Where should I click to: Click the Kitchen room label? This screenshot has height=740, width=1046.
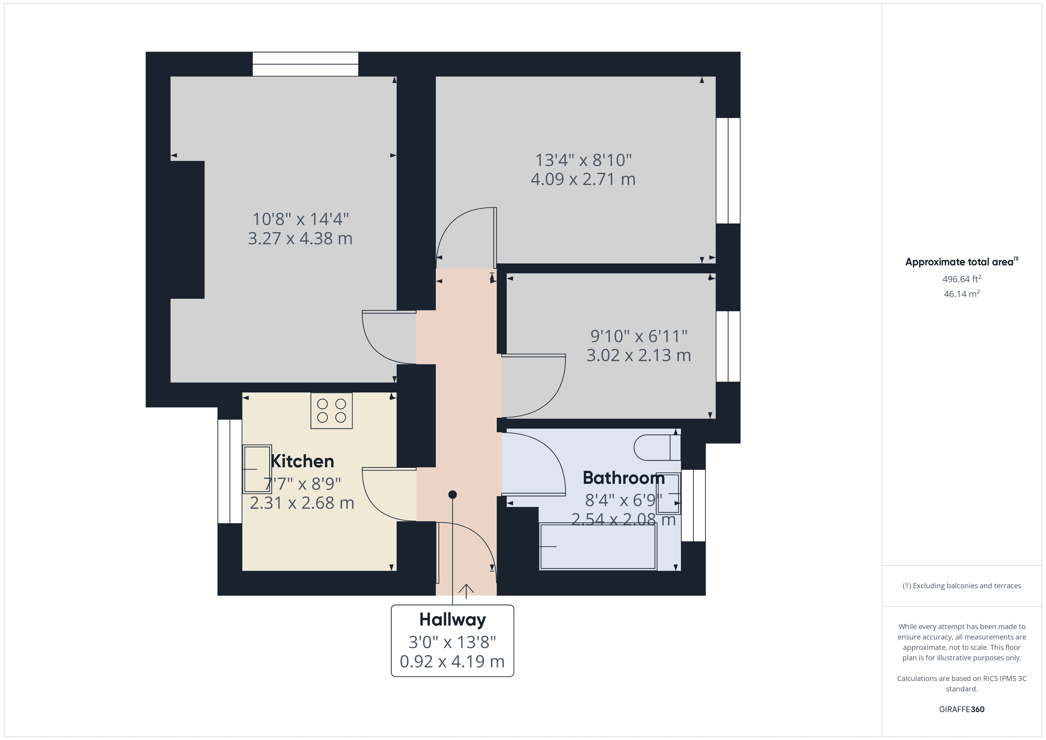(302, 462)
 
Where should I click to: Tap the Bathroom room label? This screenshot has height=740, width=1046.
(623, 478)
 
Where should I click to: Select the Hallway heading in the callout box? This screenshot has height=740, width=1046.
(452, 620)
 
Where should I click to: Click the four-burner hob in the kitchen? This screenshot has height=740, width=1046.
(331, 411)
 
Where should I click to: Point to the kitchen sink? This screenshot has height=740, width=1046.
(257, 469)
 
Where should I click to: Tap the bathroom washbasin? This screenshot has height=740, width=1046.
(668, 494)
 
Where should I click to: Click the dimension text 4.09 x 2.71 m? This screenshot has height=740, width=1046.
(583, 180)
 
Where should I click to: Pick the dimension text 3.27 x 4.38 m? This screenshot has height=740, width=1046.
(300, 239)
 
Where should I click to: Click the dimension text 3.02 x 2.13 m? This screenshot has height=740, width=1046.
(638, 355)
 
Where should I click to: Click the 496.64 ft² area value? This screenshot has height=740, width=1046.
(961, 279)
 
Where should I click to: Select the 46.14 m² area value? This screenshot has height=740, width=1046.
(961, 294)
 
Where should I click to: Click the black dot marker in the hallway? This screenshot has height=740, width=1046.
(452, 495)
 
